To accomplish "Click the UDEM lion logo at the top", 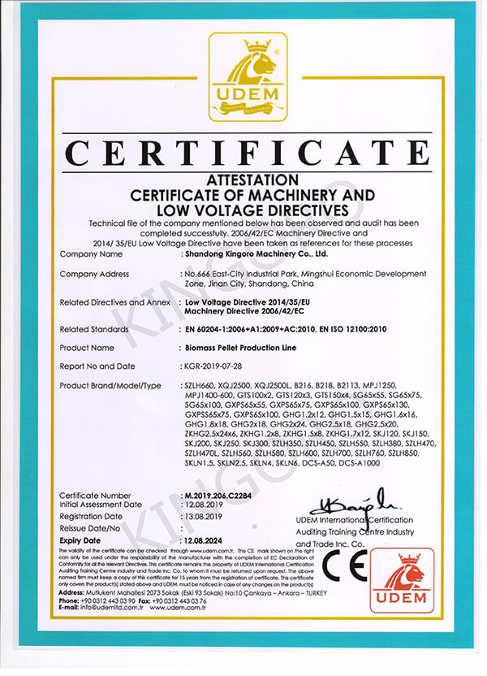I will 243,76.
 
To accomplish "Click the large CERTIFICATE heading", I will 243,154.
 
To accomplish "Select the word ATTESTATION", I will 243,178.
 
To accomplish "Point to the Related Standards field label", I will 94,329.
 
